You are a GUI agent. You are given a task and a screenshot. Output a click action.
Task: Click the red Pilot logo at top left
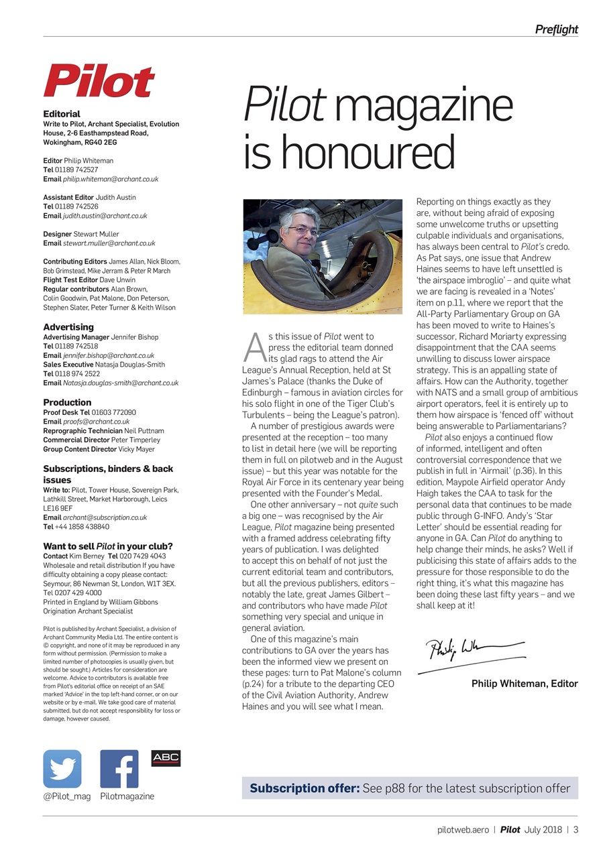coord(99,82)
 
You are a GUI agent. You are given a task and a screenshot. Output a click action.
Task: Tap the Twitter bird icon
coord(62,769)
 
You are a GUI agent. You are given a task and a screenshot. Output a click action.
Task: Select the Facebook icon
coord(119,769)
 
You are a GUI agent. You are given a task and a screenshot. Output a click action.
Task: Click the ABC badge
coord(166,758)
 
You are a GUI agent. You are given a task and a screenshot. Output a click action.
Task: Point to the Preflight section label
coord(556,29)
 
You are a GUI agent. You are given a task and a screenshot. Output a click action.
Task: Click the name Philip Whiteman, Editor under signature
coord(525,684)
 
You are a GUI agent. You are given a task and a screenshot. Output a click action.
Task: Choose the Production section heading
coord(67,402)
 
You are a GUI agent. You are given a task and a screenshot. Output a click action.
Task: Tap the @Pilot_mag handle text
coord(66,796)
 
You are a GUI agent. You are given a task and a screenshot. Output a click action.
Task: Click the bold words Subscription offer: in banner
coord(305,788)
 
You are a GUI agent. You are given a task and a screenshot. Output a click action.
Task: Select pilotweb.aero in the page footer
coord(463,830)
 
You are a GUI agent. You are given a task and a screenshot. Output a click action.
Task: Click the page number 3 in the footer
coord(575,830)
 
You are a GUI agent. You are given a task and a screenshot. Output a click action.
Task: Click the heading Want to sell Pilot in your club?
coord(107,546)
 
